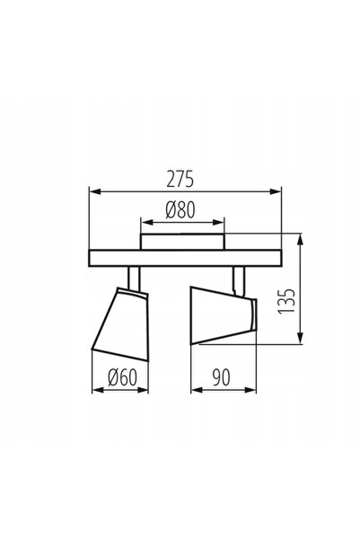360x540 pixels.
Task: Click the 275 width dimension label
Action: pyautogui.click(x=180, y=179)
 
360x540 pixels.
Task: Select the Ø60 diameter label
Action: pyautogui.click(x=122, y=377)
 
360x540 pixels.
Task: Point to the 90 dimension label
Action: pyautogui.click(x=221, y=377)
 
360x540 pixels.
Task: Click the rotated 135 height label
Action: pyautogui.click(x=286, y=301)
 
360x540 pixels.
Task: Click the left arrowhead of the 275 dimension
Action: pyautogui.click(x=95, y=191)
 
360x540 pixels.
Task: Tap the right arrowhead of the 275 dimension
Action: pyautogui.click(x=276, y=191)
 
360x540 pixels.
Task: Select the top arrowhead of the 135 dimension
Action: pyautogui.click(x=301, y=240)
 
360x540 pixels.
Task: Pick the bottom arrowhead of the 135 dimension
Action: pyautogui.click(x=301, y=338)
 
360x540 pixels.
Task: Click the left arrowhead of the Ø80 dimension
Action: pyautogui.click(x=147, y=223)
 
